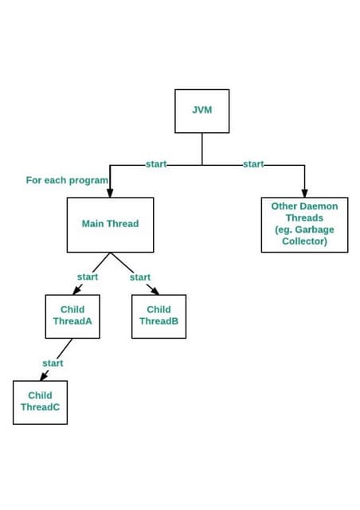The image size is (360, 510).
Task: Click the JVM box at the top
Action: click(202, 111)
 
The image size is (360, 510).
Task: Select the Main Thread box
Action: click(110, 224)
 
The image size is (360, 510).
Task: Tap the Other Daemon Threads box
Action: click(304, 224)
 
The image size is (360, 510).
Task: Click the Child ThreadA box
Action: click(72, 316)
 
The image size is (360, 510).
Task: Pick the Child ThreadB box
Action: click(158, 316)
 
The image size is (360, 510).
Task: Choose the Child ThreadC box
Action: click(40, 402)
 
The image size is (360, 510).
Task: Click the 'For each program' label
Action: click(67, 181)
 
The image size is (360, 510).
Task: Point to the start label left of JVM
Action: click(156, 164)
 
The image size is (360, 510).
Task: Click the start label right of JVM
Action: click(253, 164)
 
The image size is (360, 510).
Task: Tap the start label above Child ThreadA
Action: click(88, 277)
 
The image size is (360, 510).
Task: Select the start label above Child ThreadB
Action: click(140, 277)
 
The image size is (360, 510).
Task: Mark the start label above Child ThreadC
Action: click(53, 363)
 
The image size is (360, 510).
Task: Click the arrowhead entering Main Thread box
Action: click(110, 193)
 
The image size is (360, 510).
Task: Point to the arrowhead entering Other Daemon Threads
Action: click(304, 193)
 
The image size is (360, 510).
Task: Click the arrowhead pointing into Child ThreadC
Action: click(45, 377)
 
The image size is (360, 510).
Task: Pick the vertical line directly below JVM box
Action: click(202, 149)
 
